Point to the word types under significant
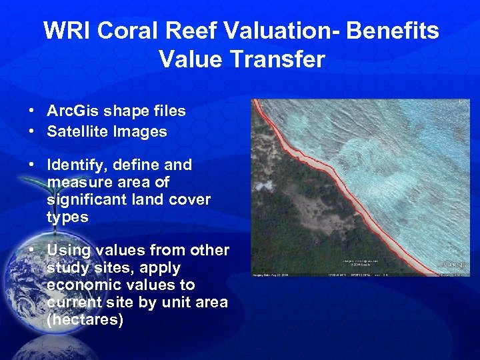coord(67,217)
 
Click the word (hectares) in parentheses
coord(85,319)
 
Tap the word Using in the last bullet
coord(67,250)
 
